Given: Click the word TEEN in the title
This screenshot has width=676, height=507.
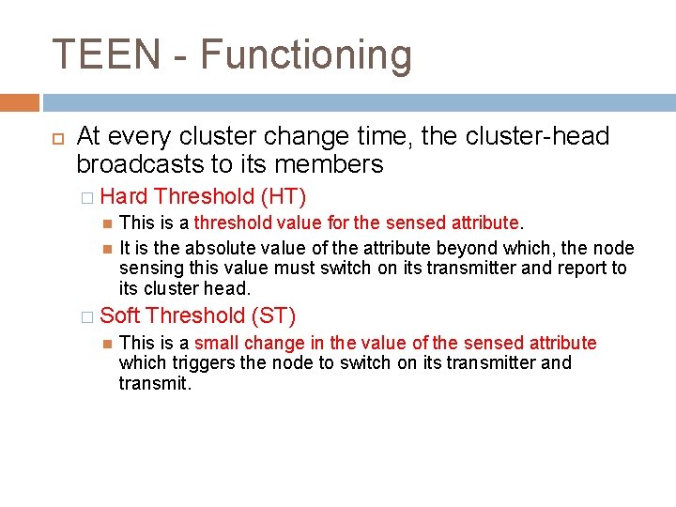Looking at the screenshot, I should click(x=106, y=55).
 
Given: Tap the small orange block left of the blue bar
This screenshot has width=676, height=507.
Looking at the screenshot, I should click(x=20, y=102).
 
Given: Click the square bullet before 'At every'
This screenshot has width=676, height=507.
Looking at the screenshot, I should click(x=55, y=137).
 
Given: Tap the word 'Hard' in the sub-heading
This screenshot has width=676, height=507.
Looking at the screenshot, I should click(x=124, y=196).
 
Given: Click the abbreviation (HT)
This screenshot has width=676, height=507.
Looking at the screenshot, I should click(x=284, y=196).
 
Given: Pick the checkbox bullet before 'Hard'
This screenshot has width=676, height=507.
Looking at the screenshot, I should click(x=87, y=197).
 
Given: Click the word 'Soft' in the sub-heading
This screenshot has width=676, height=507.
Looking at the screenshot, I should click(x=120, y=315).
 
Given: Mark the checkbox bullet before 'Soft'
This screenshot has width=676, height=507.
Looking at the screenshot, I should click(x=87, y=316).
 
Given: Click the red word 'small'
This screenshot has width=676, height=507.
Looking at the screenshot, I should click(x=218, y=343).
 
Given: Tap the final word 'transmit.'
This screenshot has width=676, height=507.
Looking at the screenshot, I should click(x=155, y=383).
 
